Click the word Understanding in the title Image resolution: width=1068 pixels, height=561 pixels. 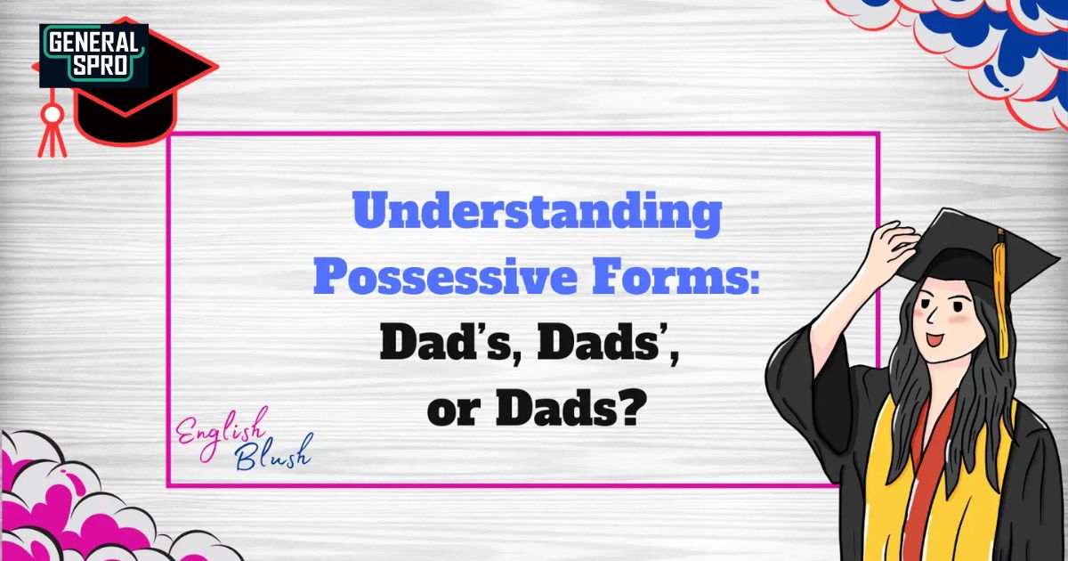537,215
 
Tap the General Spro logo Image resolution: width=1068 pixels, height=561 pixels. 93,56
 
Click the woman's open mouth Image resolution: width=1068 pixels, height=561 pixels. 934,339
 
